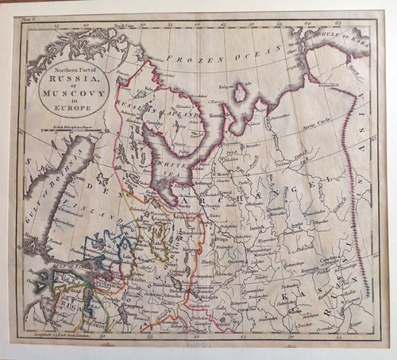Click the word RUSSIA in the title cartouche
pos(68,79)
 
